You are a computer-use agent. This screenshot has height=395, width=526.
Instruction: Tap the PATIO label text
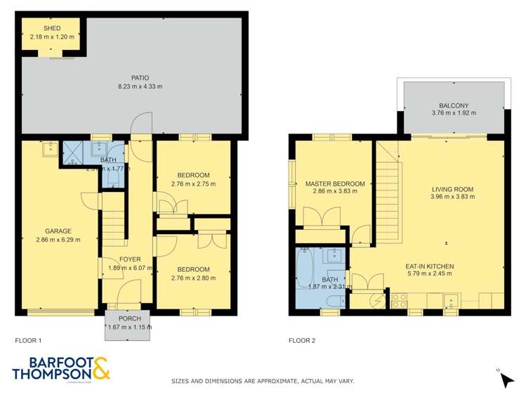coord(140,77)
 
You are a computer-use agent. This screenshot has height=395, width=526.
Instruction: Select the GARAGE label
coord(58,230)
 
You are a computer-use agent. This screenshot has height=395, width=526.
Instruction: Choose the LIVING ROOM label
coord(452,189)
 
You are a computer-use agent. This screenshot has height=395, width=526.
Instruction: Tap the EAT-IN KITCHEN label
coord(430,266)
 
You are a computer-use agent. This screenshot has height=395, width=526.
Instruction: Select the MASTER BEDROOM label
coord(335,184)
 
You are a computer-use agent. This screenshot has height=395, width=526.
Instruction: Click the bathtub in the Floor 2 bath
coord(305,275)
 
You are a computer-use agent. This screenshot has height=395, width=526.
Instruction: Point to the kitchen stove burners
coord(400,300)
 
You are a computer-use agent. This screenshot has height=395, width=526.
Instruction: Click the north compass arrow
coord(506,379)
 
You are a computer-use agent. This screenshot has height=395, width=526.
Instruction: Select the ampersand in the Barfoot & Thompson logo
coord(100,369)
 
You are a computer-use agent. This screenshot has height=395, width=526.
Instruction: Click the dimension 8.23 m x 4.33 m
coord(140,86)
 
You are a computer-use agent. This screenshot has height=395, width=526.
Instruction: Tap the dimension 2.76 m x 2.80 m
coord(193,278)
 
